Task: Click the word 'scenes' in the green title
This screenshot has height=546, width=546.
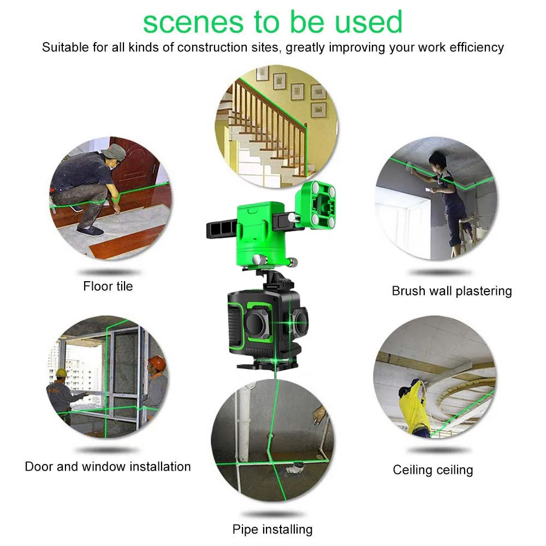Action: point(193,22)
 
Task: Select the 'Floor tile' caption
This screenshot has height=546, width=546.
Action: point(108,286)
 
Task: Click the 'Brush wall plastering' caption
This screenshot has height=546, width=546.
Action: point(452,291)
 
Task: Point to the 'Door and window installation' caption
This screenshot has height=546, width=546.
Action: point(108,467)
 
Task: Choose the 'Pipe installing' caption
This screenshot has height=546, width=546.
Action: point(272,529)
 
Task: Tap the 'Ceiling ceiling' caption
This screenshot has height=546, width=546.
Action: point(433,470)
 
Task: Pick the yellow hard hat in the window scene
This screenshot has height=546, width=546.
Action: point(61,373)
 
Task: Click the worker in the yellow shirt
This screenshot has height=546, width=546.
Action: point(414,407)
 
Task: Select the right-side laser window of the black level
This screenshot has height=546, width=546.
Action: point(300,321)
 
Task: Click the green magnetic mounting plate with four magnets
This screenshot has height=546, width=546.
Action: point(316,205)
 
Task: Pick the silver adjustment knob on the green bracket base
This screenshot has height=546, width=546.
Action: point(259,260)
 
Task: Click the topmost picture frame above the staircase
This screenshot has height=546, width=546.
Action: point(262,73)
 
